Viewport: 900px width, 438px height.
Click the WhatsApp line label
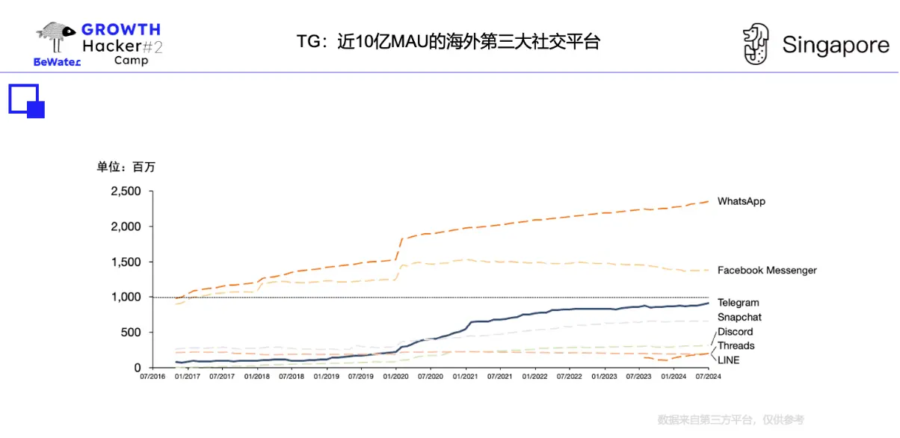[741, 201]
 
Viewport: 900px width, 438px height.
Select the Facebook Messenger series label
[767, 270]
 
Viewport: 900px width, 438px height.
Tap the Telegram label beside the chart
[738, 303]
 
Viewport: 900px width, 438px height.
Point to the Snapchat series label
[739, 317]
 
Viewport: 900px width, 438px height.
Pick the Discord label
[735, 332]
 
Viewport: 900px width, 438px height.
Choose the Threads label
[736, 345]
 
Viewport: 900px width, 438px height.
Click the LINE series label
[728, 360]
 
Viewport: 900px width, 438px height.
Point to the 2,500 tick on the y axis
[126, 191]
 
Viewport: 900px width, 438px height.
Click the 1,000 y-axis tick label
[126, 297]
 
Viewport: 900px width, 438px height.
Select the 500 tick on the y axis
[132, 333]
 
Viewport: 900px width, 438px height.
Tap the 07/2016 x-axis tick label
[152, 377]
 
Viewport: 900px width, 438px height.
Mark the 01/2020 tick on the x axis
[395, 377]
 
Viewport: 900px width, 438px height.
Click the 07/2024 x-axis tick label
[708, 377]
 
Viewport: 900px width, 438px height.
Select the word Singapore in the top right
[836, 46]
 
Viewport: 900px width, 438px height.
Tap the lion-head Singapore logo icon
[755, 44]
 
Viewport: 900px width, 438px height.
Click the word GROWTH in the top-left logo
[121, 30]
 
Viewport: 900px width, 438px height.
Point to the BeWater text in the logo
[57, 62]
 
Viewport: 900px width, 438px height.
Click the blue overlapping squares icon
[27, 101]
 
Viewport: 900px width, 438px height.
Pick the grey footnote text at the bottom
[730, 420]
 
